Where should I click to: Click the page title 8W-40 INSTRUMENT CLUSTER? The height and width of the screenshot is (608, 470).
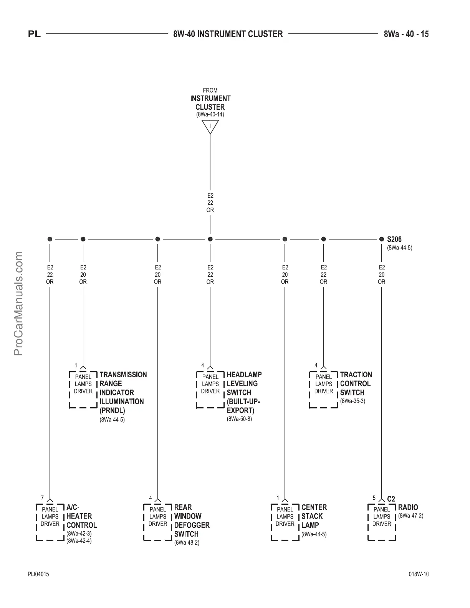click(x=228, y=34)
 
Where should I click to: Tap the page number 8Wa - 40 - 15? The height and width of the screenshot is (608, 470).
click(x=406, y=34)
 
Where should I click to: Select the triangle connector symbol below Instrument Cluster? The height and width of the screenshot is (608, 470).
click(x=210, y=126)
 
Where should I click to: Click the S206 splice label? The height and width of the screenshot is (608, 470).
click(x=394, y=239)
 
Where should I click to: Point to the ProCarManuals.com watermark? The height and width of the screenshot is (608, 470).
click(x=18, y=303)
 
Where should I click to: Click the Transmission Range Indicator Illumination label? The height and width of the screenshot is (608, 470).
click(x=123, y=392)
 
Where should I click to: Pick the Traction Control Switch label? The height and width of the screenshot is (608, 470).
click(x=356, y=383)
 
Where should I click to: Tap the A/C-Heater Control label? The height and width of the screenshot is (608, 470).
click(x=81, y=516)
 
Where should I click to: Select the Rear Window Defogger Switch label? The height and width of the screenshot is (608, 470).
click(x=192, y=520)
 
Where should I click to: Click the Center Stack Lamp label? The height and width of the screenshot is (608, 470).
click(x=314, y=516)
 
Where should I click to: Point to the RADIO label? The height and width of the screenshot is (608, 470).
click(x=408, y=507)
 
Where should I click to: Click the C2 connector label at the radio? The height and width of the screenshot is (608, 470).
click(x=391, y=499)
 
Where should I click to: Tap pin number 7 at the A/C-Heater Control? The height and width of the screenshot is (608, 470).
click(x=42, y=498)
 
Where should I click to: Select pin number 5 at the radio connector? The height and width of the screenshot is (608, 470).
click(x=374, y=498)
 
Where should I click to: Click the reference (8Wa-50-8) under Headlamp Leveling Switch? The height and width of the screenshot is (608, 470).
click(x=239, y=419)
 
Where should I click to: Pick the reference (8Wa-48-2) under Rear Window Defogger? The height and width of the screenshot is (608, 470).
click(x=187, y=543)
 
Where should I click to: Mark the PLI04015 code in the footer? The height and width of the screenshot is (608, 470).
click(x=38, y=574)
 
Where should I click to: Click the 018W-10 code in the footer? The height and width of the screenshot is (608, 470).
click(x=419, y=574)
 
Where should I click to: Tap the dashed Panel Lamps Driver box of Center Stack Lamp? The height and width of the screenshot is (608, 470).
click(x=285, y=522)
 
